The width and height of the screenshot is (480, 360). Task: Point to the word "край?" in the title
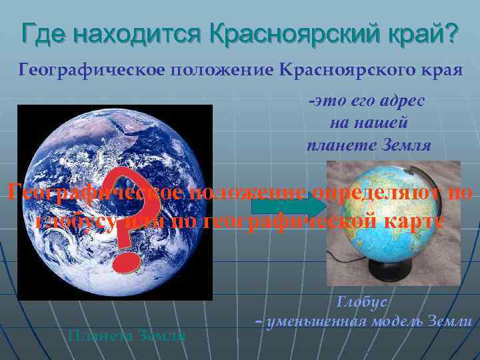pos(423,31)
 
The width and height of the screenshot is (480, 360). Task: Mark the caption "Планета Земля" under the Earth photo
pos(127,335)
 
